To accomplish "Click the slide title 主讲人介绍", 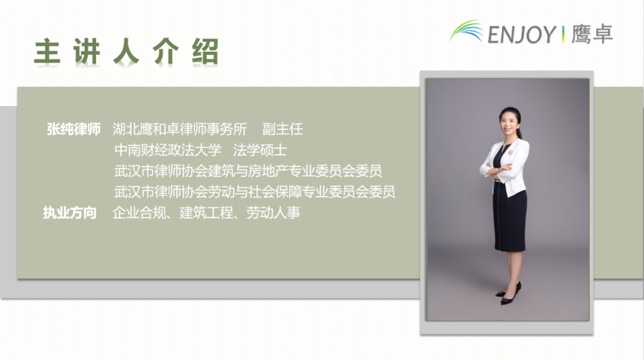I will point(126,52).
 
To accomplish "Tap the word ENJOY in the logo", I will point(521,35).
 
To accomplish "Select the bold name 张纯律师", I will point(73,129).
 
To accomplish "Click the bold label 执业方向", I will point(70,213).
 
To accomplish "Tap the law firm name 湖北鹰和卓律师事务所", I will point(179,129).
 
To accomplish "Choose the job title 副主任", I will point(283,129).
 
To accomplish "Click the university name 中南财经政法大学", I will point(168,150).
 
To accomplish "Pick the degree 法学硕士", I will point(260,150).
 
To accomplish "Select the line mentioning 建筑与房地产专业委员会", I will point(248,171).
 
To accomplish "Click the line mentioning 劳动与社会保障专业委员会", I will point(255,192).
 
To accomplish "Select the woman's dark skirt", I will point(510,224).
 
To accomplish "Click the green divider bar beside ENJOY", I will point(563,35).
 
